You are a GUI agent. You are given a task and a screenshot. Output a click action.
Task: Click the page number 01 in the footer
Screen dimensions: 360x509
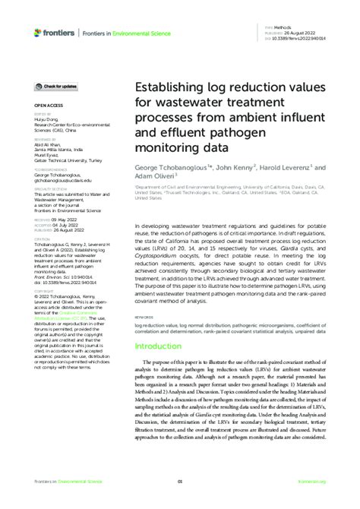coord(180,482)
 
